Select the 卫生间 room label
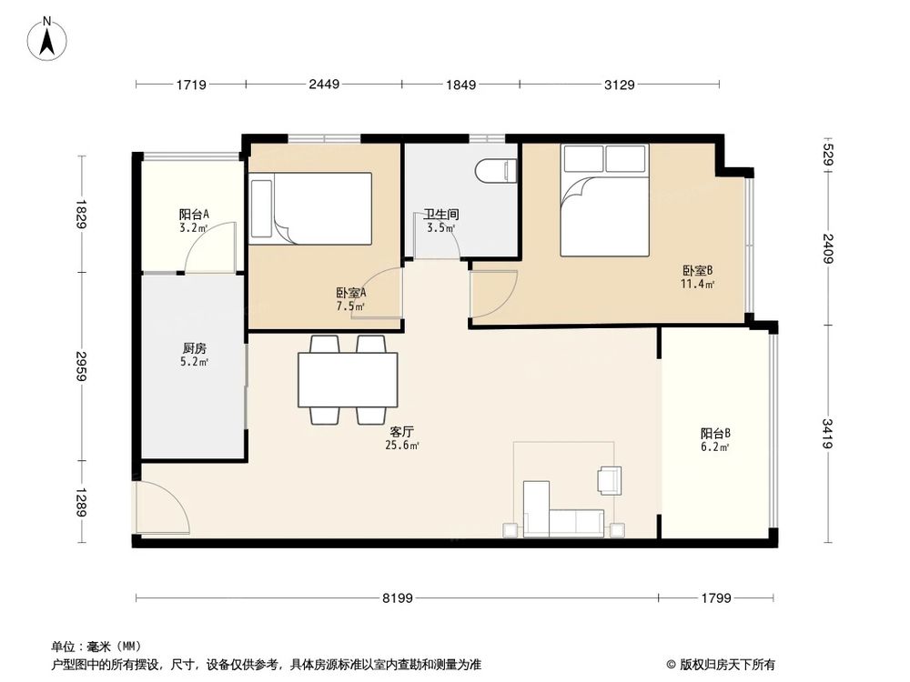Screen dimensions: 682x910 pos(441,216)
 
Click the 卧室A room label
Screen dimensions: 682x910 pos(350,293)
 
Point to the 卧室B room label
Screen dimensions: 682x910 pos(697,270)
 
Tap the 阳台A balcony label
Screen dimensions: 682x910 pos(194,215)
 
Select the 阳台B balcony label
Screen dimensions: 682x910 pos(715,434)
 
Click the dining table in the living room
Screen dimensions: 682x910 pos(348,379)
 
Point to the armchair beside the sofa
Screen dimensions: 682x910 pos(609,479)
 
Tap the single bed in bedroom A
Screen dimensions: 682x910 pos(311,208)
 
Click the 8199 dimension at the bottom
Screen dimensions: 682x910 pos(398,598)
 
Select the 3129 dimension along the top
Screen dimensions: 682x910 pos(619,85)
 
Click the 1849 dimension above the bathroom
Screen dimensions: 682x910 pos(460,85)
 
